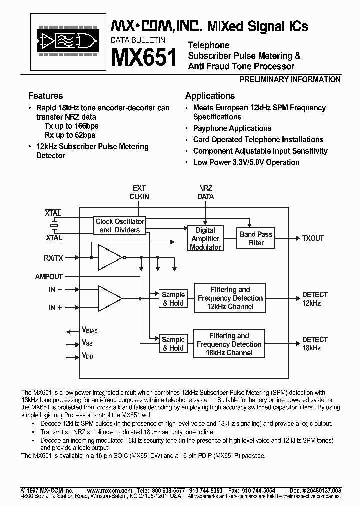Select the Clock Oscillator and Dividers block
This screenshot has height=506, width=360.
(x=119, y=226)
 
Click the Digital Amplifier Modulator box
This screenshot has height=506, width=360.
(x=205, y=238)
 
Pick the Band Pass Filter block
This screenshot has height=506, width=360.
(x=256, y=238)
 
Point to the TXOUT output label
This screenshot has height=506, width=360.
(x=313, y=238)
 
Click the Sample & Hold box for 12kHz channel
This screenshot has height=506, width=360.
(x=173, y=299)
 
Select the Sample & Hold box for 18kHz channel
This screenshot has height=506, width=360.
(x=173, y=344)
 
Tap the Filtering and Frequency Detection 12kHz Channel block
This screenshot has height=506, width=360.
(x=230, y=298)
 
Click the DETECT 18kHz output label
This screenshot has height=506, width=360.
(x=315, y=344)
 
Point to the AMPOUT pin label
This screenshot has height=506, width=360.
(x=49, y=276)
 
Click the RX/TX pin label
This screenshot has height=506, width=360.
(x=53, y=258)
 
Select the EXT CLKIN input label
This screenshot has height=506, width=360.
(x=139, y=192)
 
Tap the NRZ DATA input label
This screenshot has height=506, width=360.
(x=206, y=192)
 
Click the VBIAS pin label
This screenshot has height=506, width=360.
(x=89, y=331)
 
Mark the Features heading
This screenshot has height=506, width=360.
(x=46, y=96)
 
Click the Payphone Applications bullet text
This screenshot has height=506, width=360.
(x=232, y=128)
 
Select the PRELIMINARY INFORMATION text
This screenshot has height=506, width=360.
(x=290, y=80)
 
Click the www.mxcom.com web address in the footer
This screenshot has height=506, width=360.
(x=106, y=491)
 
